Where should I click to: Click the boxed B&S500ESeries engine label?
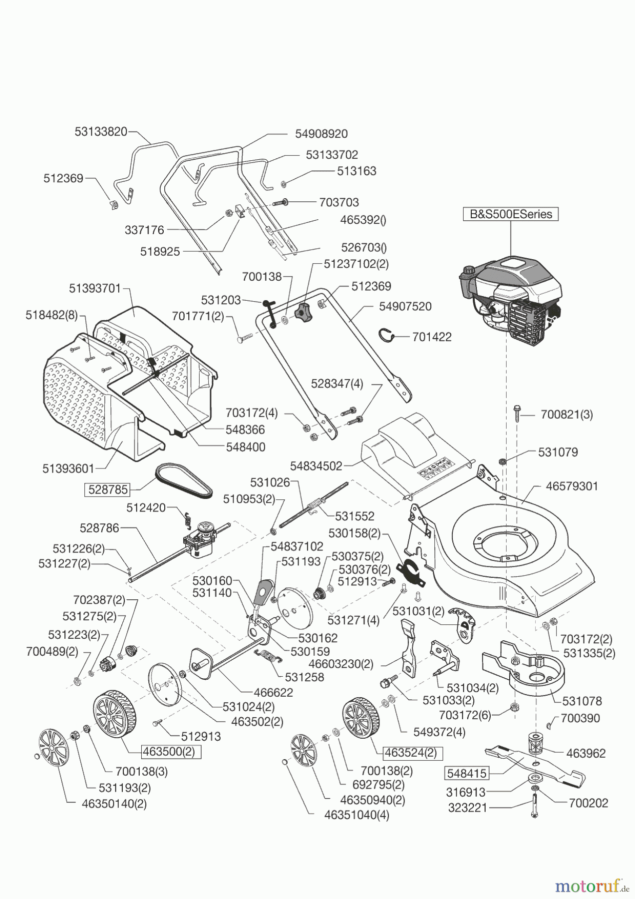[511, 214]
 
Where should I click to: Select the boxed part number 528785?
[108, 489]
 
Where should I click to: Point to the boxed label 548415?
[466, 773]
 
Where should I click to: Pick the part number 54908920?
[321, 134]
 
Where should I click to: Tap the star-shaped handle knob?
[302, 313]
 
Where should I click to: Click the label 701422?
[432, 337]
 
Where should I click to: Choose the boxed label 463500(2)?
[171, 752]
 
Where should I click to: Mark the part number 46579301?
[572, 486]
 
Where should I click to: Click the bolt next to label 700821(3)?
[517, 414]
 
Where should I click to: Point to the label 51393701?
[95, 288]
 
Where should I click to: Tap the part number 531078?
[582, 701]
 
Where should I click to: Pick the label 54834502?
[317, 466]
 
